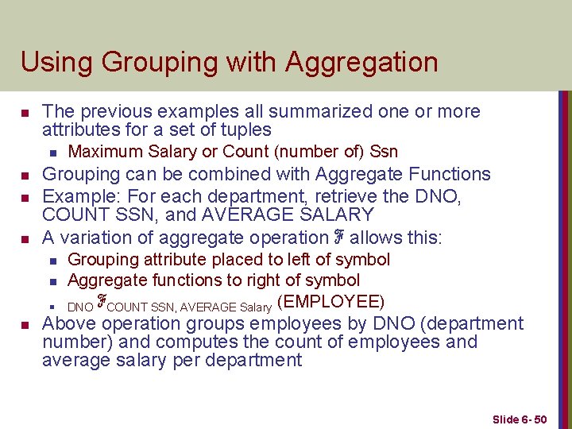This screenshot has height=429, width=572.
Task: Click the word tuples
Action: [245, 129]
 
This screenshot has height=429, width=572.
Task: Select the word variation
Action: [105, 237]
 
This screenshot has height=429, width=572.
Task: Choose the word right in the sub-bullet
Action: [268, 280]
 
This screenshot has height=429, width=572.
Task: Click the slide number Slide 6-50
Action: [520, 419]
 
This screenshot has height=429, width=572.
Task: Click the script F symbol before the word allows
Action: [338, 237]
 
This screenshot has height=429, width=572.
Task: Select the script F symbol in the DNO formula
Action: [101, 302]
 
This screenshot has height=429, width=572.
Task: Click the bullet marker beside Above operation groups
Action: [25, 325]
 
